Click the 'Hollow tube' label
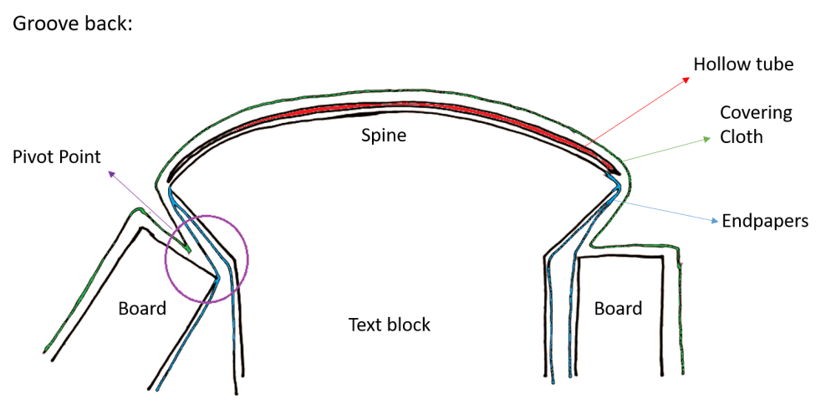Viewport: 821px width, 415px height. tap(743, 64)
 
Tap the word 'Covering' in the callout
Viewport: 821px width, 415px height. tap(756, 113)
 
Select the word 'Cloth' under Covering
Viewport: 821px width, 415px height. tap(742, 136)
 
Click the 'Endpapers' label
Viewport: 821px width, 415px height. tap(764, 221)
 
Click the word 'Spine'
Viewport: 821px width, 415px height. tap(384, 135)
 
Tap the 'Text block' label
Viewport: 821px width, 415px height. tap(389, 324)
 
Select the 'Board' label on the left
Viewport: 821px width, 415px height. tap(142, 309)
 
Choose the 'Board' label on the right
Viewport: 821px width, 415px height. tap(618, 309)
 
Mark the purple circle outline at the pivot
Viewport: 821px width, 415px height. tap(248, 255)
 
